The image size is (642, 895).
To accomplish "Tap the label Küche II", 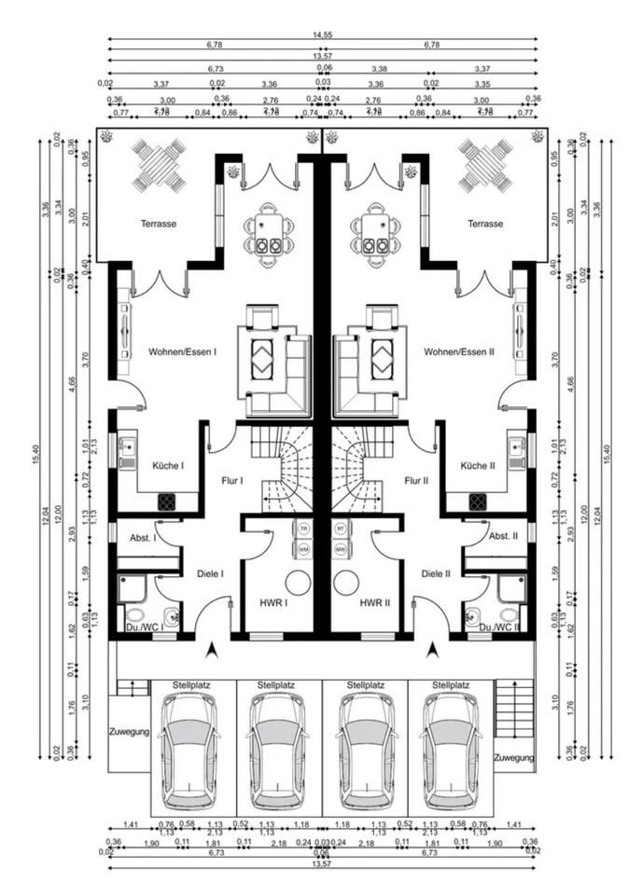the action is (478, 465).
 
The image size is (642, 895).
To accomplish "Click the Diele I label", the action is (210, 573).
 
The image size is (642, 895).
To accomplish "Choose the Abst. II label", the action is (502, 536).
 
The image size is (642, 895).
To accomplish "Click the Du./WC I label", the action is (145, 627).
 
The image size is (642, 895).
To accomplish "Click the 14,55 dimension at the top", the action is (322, 34).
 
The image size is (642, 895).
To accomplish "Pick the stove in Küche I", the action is (167, 502).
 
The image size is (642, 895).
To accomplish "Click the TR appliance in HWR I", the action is (303, 529).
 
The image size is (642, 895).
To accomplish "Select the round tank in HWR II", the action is (346, 583).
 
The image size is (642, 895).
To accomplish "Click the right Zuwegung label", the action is (514, 757).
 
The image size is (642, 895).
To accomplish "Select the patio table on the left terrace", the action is (164, 163).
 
